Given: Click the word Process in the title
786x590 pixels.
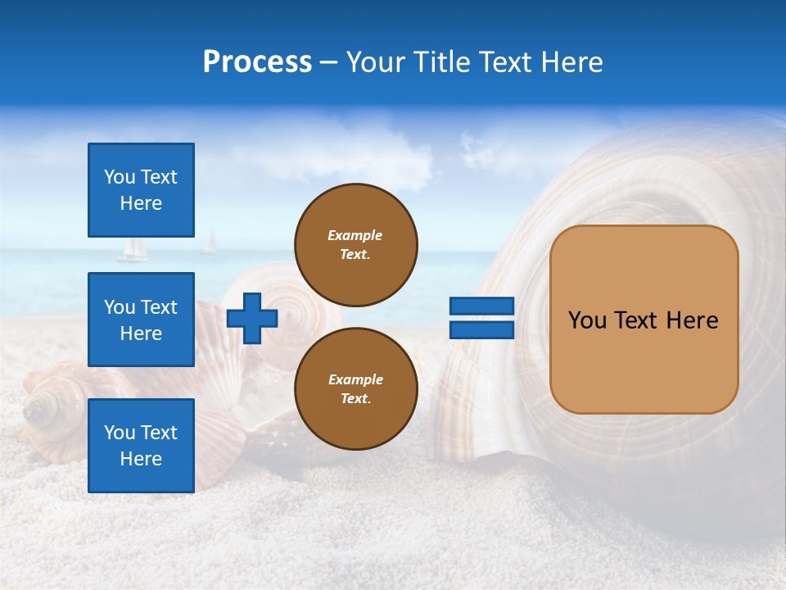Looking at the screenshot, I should [257, 62].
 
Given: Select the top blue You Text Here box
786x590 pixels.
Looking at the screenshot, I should [141, 190].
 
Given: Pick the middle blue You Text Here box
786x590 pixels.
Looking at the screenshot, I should [141, 320].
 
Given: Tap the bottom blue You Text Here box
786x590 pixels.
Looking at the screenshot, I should [141, 446].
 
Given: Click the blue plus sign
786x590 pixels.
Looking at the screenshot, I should [252, 317].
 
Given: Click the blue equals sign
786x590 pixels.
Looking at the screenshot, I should [482, 318].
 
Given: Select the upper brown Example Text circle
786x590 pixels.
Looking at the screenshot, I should [355, 245].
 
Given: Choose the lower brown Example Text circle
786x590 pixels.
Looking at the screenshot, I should [355, 388].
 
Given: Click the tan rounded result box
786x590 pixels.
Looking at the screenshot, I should [644, 320].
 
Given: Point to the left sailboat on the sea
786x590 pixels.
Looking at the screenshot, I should [131, 251].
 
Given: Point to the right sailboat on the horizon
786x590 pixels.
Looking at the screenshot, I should [210, 243].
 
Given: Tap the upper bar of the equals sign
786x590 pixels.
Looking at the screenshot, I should [482, 306].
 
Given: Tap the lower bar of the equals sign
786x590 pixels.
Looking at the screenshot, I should [482, 329].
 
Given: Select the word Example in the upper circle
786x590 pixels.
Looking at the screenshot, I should [355, 235].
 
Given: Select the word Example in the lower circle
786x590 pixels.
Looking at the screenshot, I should [355, 379].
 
